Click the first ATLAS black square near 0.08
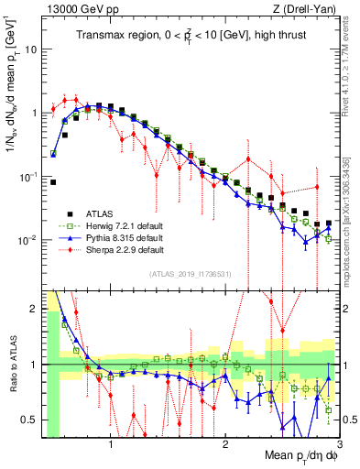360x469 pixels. point(53,182)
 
